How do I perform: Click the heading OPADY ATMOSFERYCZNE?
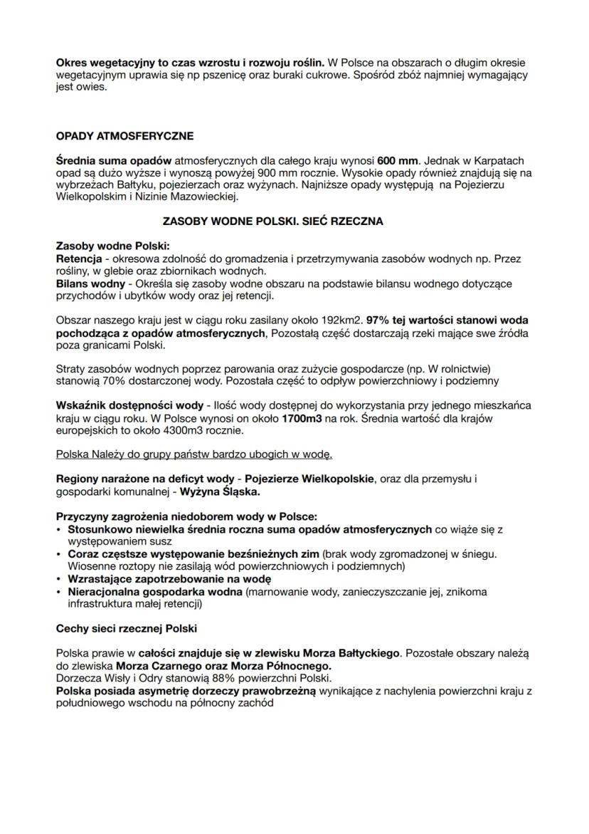[x=124, y=135]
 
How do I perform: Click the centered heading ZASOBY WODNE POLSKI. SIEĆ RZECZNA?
[x=273, y=221]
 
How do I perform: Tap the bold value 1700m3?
[x=302, y=418]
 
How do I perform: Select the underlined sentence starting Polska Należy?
[x=194, y=454]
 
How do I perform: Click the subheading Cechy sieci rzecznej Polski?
[x=126, y=630]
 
